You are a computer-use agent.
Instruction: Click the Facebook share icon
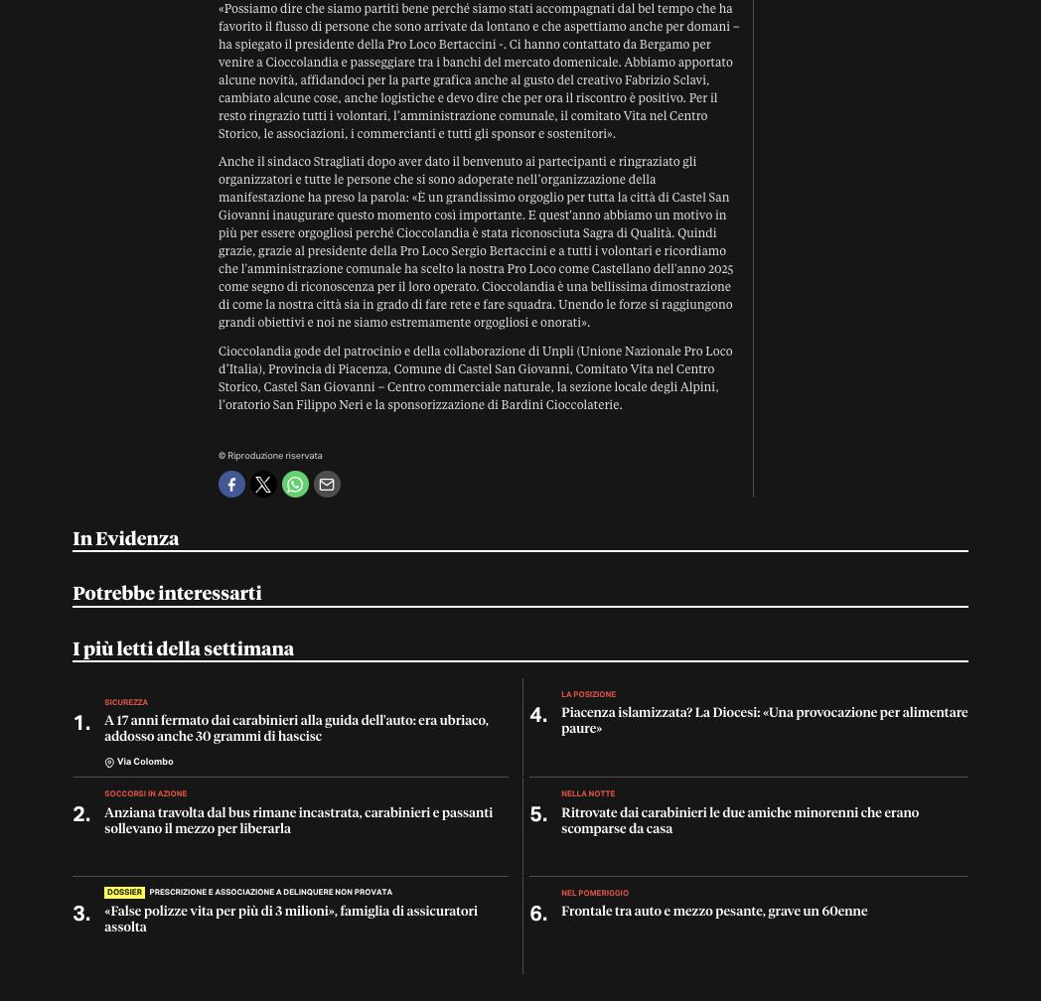pyautogui.click(x=231, y=485)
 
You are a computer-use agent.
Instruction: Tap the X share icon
pyautogui.click(x=263, y=485)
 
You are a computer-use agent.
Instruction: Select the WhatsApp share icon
pyautogui.click(x=295, y=485)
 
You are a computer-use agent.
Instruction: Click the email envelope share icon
pyautogui.click(x=327, y=485)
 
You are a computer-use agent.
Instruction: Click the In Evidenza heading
pyautogui.click(x=126, y=538)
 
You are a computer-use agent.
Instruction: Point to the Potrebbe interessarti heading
pyautogui.click(x=167, y=593)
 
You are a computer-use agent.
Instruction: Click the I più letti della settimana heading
pyautogui.click(x=183, y=648)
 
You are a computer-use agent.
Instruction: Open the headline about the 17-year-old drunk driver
pyautogui.click(x=296, y=728)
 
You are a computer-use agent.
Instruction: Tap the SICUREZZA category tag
pyautogui.click(x=126, y=702)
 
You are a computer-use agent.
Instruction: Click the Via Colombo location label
pyautogui.click(x=144, y=762)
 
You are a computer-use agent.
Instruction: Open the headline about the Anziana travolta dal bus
pyautogui.click(x=298, y=820)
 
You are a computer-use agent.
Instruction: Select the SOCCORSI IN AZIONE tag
pyautogui.click(x=145, y=793)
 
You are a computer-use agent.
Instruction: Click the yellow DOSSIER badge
pyautogui.click(x=124, y=892)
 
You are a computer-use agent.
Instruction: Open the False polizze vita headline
pyautogui.click(x=290, y=919)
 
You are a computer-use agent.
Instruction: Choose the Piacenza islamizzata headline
pyautogui.click(x=764, y=720)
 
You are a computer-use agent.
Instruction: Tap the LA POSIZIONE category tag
pyautogui.click(x=588, y=694)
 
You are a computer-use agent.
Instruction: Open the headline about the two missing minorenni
pyautogui.click(x=739, y=820)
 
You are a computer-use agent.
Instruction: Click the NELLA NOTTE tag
pyautogui.click(x=588, y=793)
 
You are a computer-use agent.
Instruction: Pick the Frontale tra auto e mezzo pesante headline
pyautogui.click(x=713, y=911)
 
